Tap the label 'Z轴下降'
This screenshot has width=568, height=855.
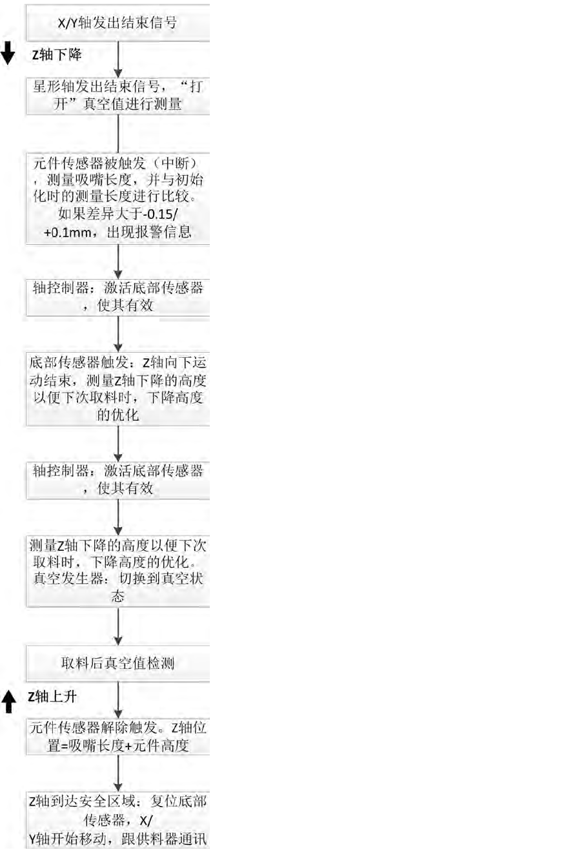coord(57,55)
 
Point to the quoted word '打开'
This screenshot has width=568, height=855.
coord(188,87)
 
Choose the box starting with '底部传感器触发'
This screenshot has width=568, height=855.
coord(118,389)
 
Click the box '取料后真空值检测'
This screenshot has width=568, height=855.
coord(118,663)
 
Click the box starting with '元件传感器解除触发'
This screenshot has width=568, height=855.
coord(118,736)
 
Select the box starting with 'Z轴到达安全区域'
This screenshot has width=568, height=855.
coord(118,819)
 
